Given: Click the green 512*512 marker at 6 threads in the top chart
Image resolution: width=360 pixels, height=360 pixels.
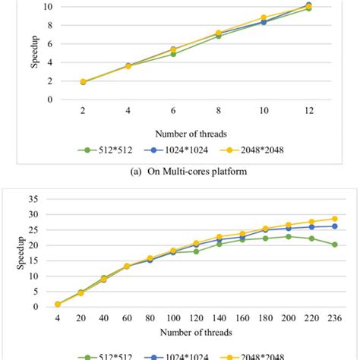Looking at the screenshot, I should coord(173,54).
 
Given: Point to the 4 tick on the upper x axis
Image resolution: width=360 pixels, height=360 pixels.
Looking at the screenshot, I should coord(128,111).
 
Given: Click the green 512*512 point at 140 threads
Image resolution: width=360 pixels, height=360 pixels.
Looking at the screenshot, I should coord(219,244).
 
